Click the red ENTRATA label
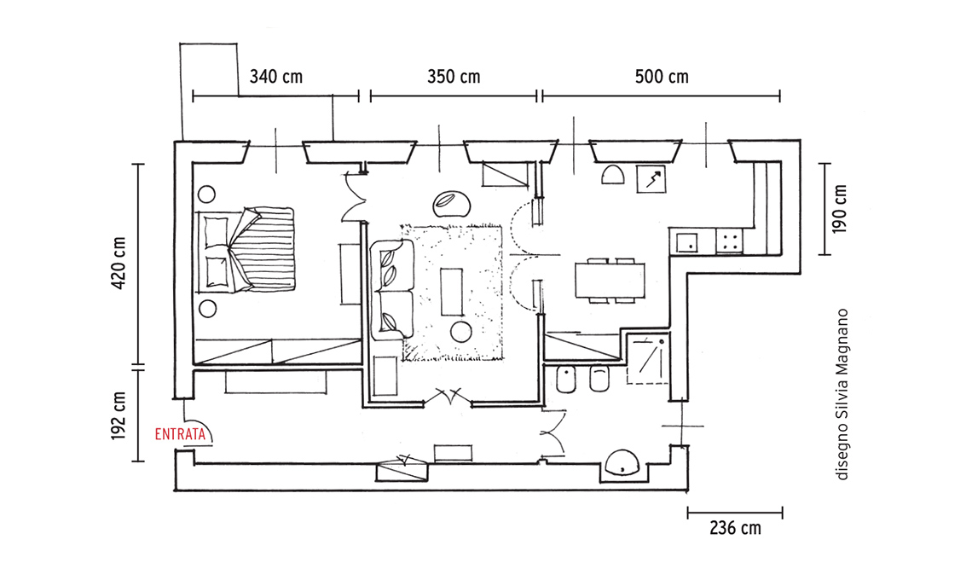click(180, 434)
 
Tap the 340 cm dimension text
click(276, 77)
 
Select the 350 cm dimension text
click(454, 77)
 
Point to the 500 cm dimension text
click(662, 77)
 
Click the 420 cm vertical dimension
click(119, 263)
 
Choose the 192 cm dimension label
click(119, 415)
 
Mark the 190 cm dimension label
click(839, 209)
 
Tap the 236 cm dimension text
click(735, 529)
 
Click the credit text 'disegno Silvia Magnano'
click(842, 395)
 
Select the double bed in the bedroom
click(246, 249)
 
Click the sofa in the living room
click(391, 289)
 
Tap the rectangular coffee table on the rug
click(451, 292)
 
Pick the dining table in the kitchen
click(610, 281)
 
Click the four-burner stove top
click(730, 241)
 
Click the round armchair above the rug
click(452, 202)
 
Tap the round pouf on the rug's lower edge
click(461, 332)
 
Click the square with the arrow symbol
click(651, 178)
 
